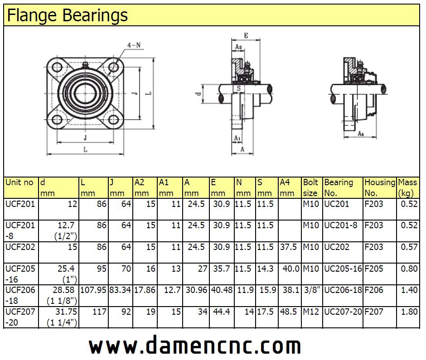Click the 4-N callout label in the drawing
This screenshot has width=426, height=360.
coord(134,45)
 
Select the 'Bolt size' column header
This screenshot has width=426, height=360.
coord(311,187)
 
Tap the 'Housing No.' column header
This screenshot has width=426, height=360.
coord(380,187)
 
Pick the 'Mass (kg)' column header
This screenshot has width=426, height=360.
coord(407,187)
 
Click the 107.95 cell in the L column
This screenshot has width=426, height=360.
coord(93,290)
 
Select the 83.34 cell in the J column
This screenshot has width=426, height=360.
coord(120,290)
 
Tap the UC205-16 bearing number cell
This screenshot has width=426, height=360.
coord(343,269)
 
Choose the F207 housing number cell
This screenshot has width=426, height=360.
coord(374,312)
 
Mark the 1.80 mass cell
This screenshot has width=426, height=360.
coord(409,312)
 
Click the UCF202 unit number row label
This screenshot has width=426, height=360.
coord(19,247)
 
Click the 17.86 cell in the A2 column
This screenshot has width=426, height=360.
coord(145,290)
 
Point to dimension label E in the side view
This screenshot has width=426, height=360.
coord(246,35)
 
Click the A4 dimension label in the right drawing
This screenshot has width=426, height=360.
coord(360,134)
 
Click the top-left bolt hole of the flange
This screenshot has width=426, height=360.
coord(57,67)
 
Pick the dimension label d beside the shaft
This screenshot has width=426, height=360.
coord(198,94)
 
